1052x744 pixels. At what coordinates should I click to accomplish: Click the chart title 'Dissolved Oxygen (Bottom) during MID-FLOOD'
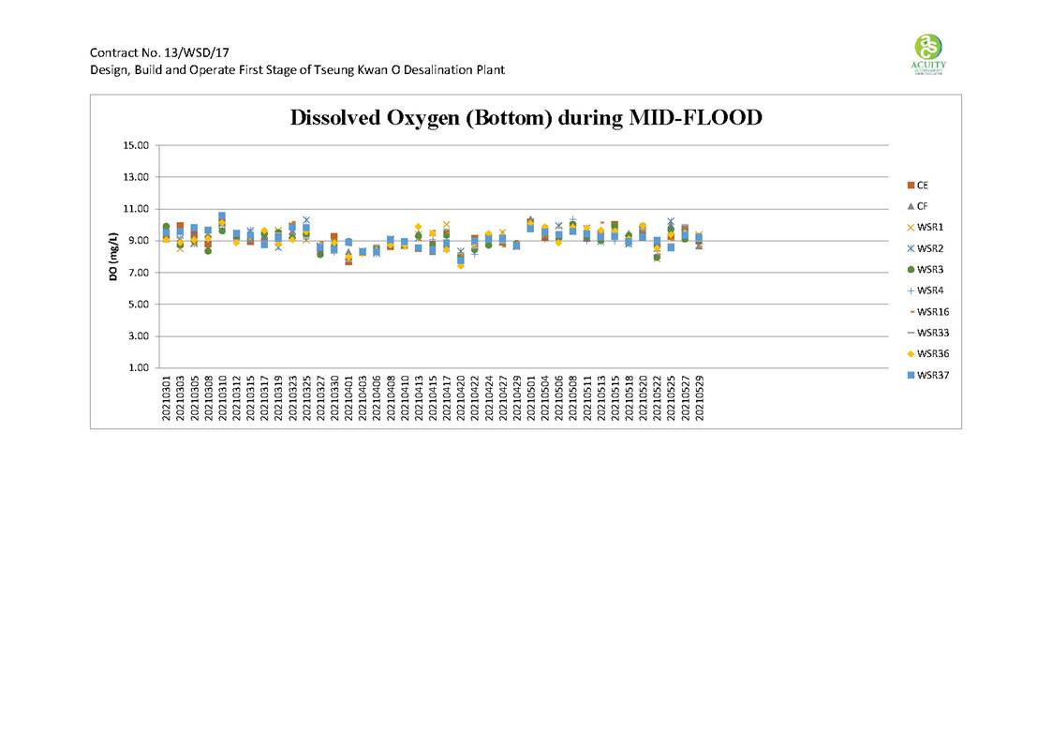526,118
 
